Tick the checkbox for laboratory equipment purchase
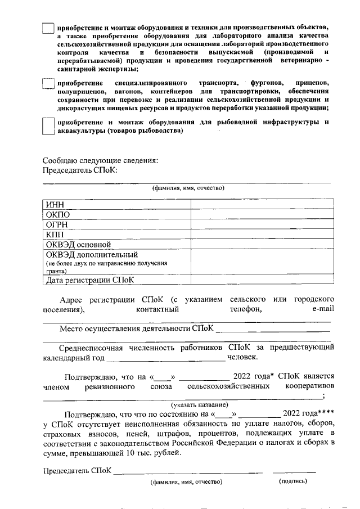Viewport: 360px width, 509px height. coord(48,28)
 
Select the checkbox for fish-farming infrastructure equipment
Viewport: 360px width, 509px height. coord(48,125)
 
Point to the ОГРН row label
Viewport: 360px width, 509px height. coord(57,224)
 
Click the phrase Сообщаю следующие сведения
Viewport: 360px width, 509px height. coord(100,160)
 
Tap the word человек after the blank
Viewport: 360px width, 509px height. coord(242,357)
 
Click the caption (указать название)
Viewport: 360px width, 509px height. coord(199,404)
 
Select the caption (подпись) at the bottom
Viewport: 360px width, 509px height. coord(293,481)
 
